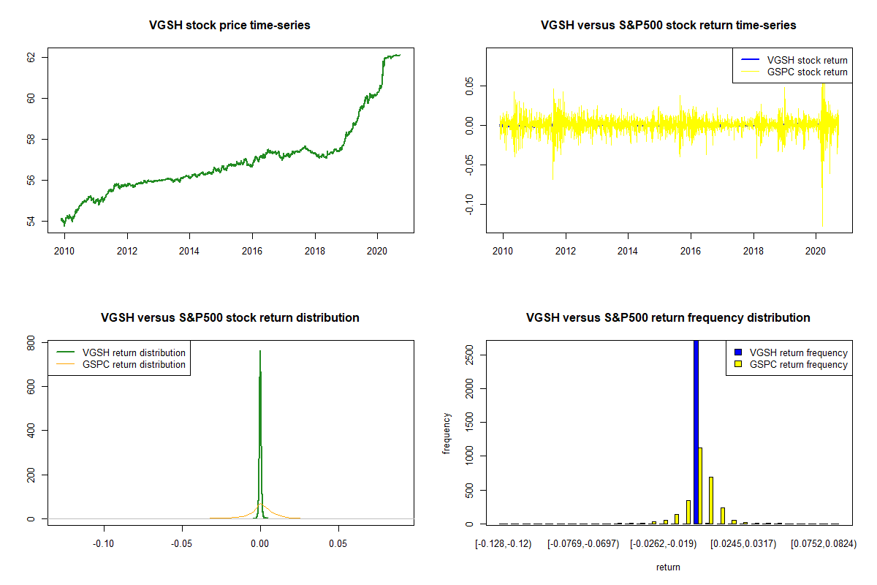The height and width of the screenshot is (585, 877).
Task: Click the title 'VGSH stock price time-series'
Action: [230, 26]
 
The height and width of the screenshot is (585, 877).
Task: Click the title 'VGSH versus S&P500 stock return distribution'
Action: [230, 318]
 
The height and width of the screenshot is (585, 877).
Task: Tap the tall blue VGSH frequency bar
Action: [696, 431]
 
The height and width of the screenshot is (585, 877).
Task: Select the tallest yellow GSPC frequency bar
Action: [700, 486]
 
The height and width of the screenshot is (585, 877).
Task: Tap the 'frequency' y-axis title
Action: [447, 434]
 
